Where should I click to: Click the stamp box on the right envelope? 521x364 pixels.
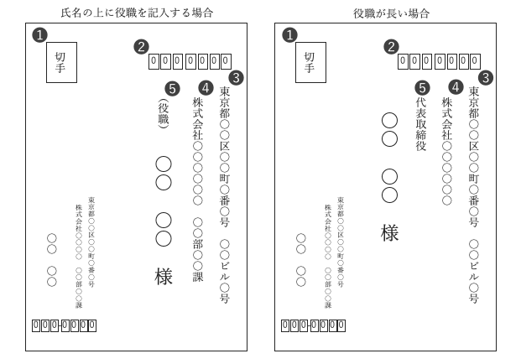pyautogui.click(x=310, y=62)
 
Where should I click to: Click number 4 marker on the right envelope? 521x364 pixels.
pyautogui.click(x=455, y=86)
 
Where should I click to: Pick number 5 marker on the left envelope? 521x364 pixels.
pyautogui.click(x=172, y=87)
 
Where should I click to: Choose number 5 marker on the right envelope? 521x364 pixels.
pyautogui.click(x=422, y=87)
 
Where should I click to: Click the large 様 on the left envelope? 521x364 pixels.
pyautogui.click(x=164, y=276)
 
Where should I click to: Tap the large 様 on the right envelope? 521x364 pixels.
pyautogui.click(x=390, y=233)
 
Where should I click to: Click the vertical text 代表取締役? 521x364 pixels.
pyautogui.click(x=421, y=126)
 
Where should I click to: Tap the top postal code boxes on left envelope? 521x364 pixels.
pyautogui.click(x=190, y=61)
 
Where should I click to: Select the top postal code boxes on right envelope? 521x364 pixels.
pyautogui.click(x=439, y=61)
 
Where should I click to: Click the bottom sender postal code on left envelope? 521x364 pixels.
pyautogui.click(x=64, y=325)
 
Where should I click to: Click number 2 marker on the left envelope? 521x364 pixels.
pyautogui.click(x=142, y=46)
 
